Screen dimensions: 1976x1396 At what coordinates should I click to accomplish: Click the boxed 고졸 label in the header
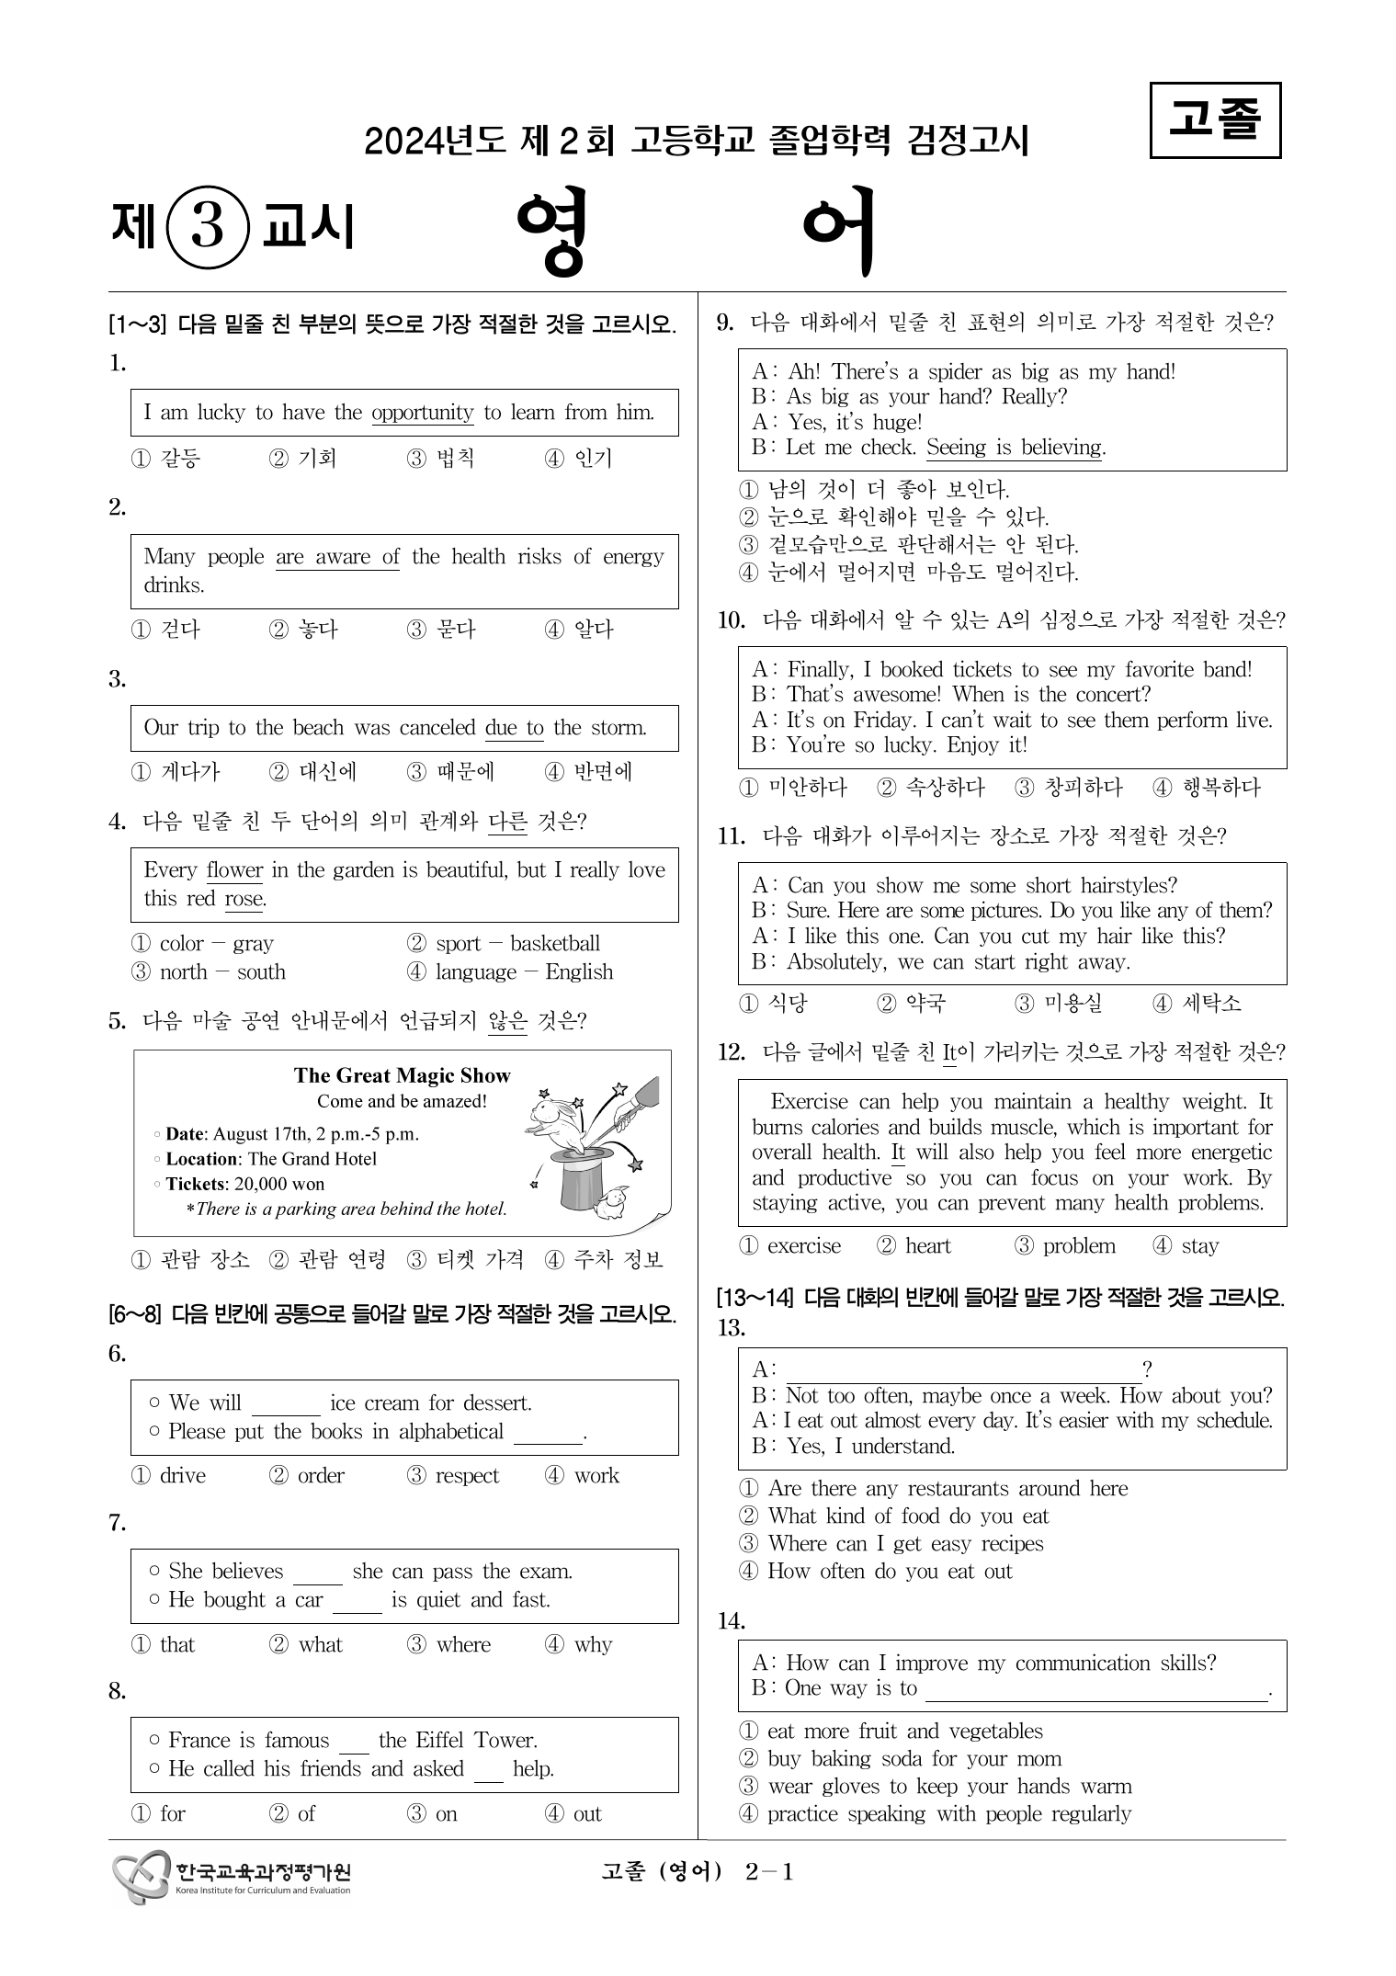point(1215,120)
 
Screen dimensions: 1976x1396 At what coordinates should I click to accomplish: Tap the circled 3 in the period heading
point(208,227)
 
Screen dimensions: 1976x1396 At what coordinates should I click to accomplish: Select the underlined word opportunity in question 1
point(422,413)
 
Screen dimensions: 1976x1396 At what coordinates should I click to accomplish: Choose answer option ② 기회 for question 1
point(303,459)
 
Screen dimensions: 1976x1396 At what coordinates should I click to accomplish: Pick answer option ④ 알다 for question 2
point(579,630)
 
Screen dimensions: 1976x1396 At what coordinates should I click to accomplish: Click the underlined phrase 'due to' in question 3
point(514,728)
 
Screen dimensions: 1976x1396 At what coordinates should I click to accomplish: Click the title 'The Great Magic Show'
point(402,1075)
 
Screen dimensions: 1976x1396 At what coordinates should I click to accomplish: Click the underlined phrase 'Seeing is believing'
point(1014,448)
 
